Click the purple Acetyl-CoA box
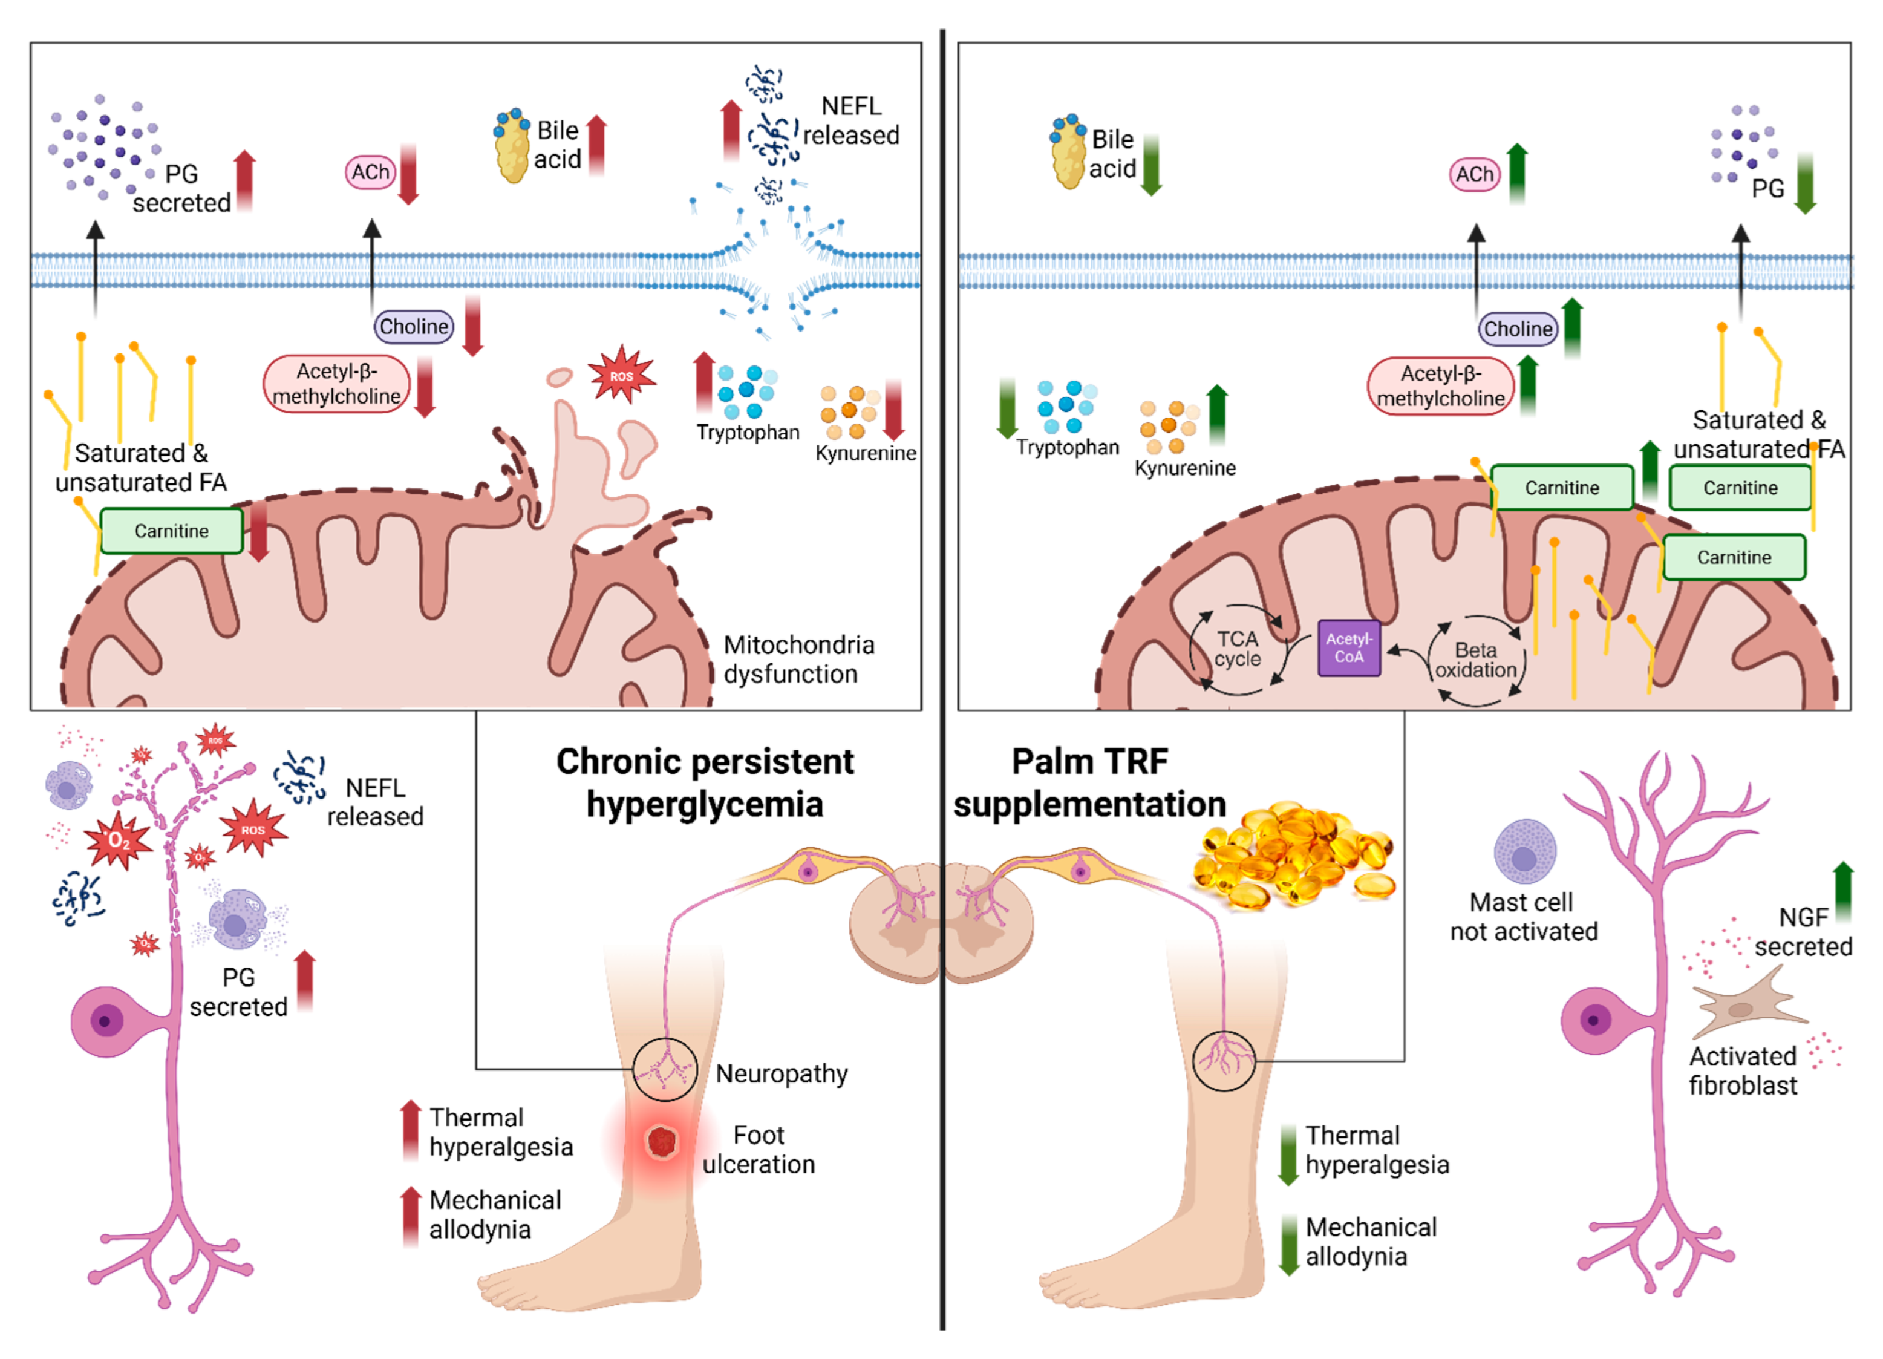tap(1348, 648)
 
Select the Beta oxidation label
tap(1475, 660)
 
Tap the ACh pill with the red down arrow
tap(370, 172)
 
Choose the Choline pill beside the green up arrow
tap(1518, 329)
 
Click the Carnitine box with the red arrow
tap(172, 531)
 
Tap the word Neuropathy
tap(782, 1073)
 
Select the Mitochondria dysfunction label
tap(798, 659)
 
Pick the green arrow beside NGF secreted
tap(1843, 892)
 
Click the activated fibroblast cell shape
tap(1748, 1007)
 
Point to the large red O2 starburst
tap(119, 840)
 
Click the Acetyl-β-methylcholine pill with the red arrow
tap(337, 384)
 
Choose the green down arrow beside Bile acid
tap(1150, 165)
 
